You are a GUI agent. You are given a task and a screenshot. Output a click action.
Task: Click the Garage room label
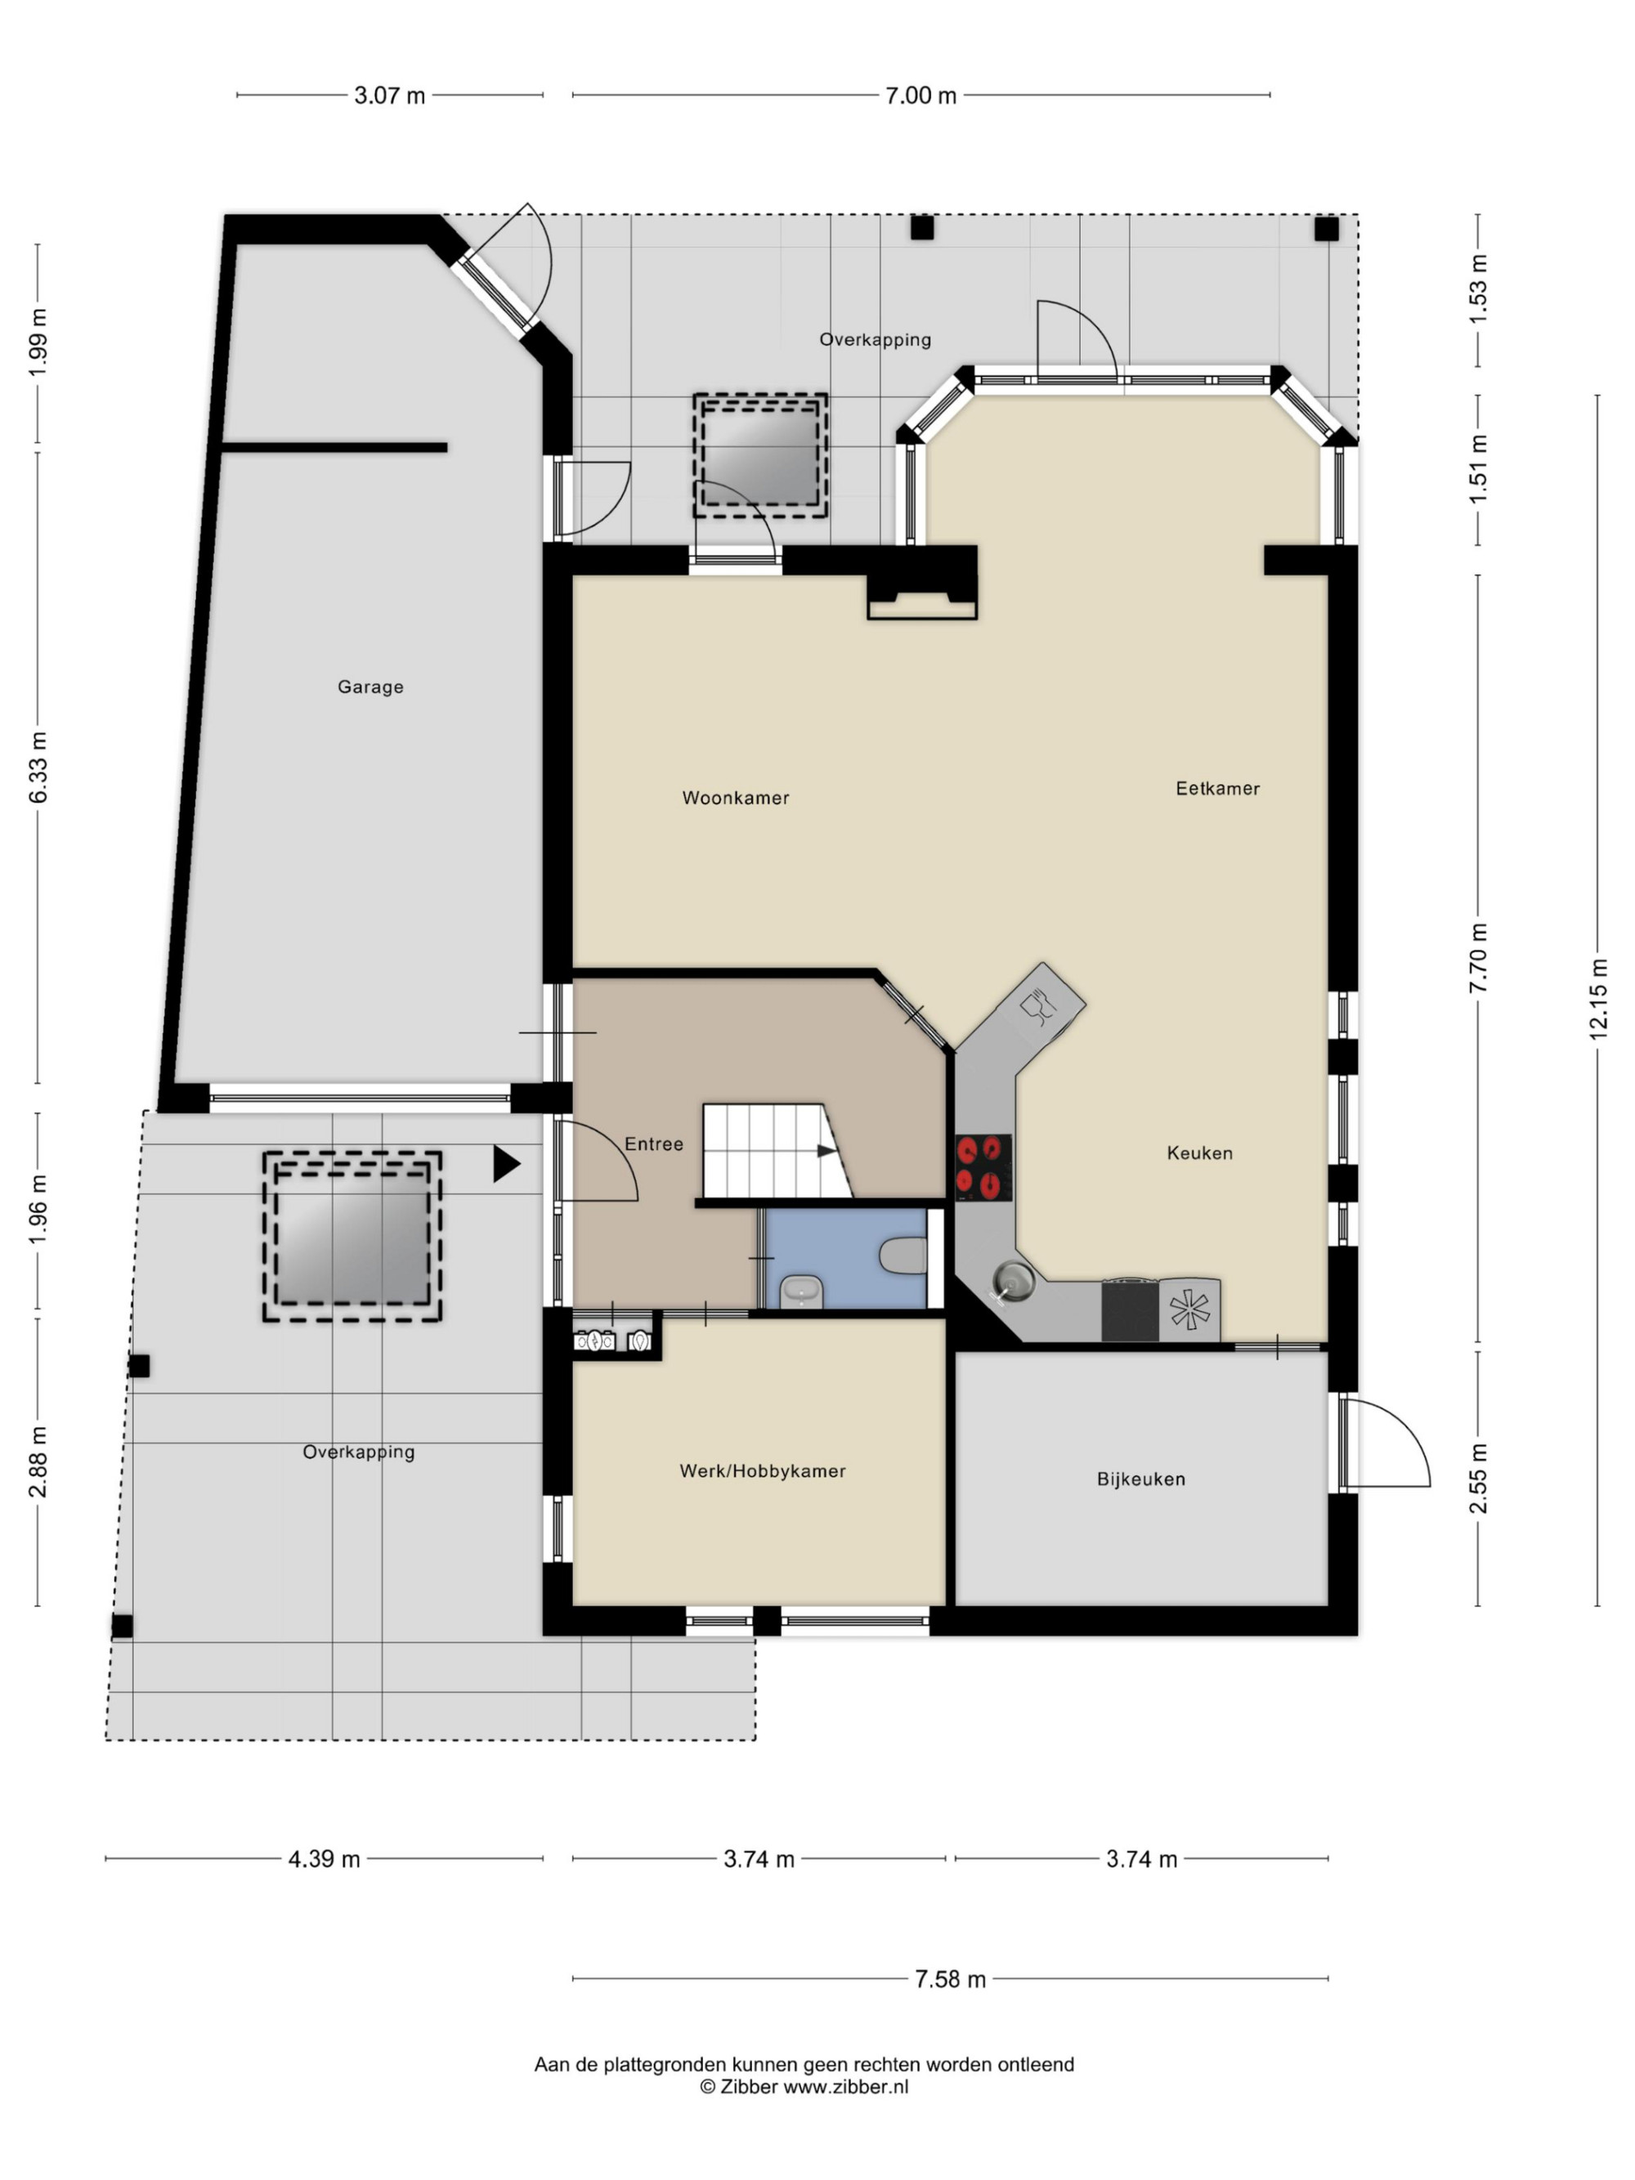(x=370, y=687)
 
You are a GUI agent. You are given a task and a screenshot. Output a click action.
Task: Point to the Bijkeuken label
(x=1140, y=1479)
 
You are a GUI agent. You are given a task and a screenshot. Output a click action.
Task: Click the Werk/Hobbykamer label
(x=762, y=1470)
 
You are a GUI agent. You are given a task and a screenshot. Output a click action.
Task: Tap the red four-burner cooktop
(x=983, y=1167)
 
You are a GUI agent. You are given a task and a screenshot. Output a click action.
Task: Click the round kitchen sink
(x=1012, y=1280)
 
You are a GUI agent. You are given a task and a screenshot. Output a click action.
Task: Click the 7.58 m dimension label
(x=950, y=1979)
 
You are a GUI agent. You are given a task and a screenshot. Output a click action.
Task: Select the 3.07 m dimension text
(x=389, y=96)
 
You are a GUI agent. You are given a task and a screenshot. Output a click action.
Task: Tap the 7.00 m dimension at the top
(x=921, y=96)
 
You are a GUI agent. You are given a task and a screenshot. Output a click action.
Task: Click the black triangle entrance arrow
(x=505, y=1164)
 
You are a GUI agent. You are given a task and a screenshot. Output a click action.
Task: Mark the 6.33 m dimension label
(x=38, y=767)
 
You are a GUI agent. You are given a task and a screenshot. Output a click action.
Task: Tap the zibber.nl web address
(x=845, y=2086)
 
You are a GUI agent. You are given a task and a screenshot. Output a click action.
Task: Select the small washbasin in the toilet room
(x=801, y=1290)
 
